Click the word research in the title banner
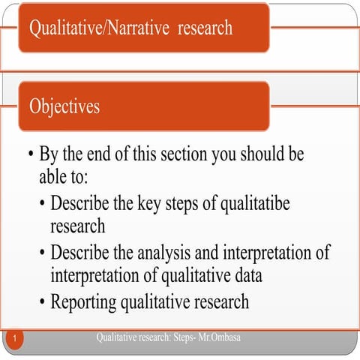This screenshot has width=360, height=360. click(x=205, y=28)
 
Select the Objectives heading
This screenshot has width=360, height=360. click(x=64, y=106)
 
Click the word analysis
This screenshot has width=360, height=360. click(x=178, y=253)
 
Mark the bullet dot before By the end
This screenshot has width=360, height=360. click(x=30, y=156)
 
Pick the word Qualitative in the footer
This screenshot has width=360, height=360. click(x=119, y=338)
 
